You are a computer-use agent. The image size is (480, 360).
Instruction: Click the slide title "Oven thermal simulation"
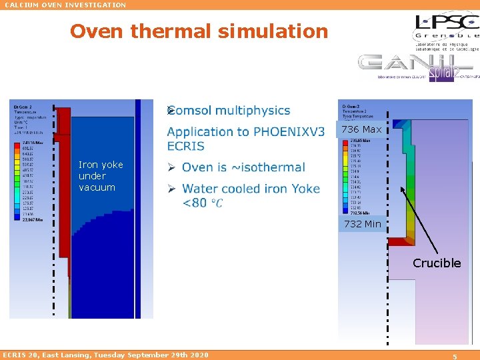coord(199,31)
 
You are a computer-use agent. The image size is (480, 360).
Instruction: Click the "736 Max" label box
coord(361,129)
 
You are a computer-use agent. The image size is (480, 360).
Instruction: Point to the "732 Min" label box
coord(363,224)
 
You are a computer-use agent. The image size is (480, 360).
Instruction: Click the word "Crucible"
coord(437,263)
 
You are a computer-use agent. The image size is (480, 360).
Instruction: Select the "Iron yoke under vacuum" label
coord(100,176)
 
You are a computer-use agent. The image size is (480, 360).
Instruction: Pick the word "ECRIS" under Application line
coord(186,146)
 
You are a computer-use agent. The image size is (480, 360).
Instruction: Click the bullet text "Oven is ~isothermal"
coord(243,167)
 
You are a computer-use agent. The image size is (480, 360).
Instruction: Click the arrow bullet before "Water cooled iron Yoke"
coord(171,189)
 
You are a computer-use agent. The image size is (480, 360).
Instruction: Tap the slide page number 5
coord(455,355)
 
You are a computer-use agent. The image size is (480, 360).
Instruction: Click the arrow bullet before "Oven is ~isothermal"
coord(171,167)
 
